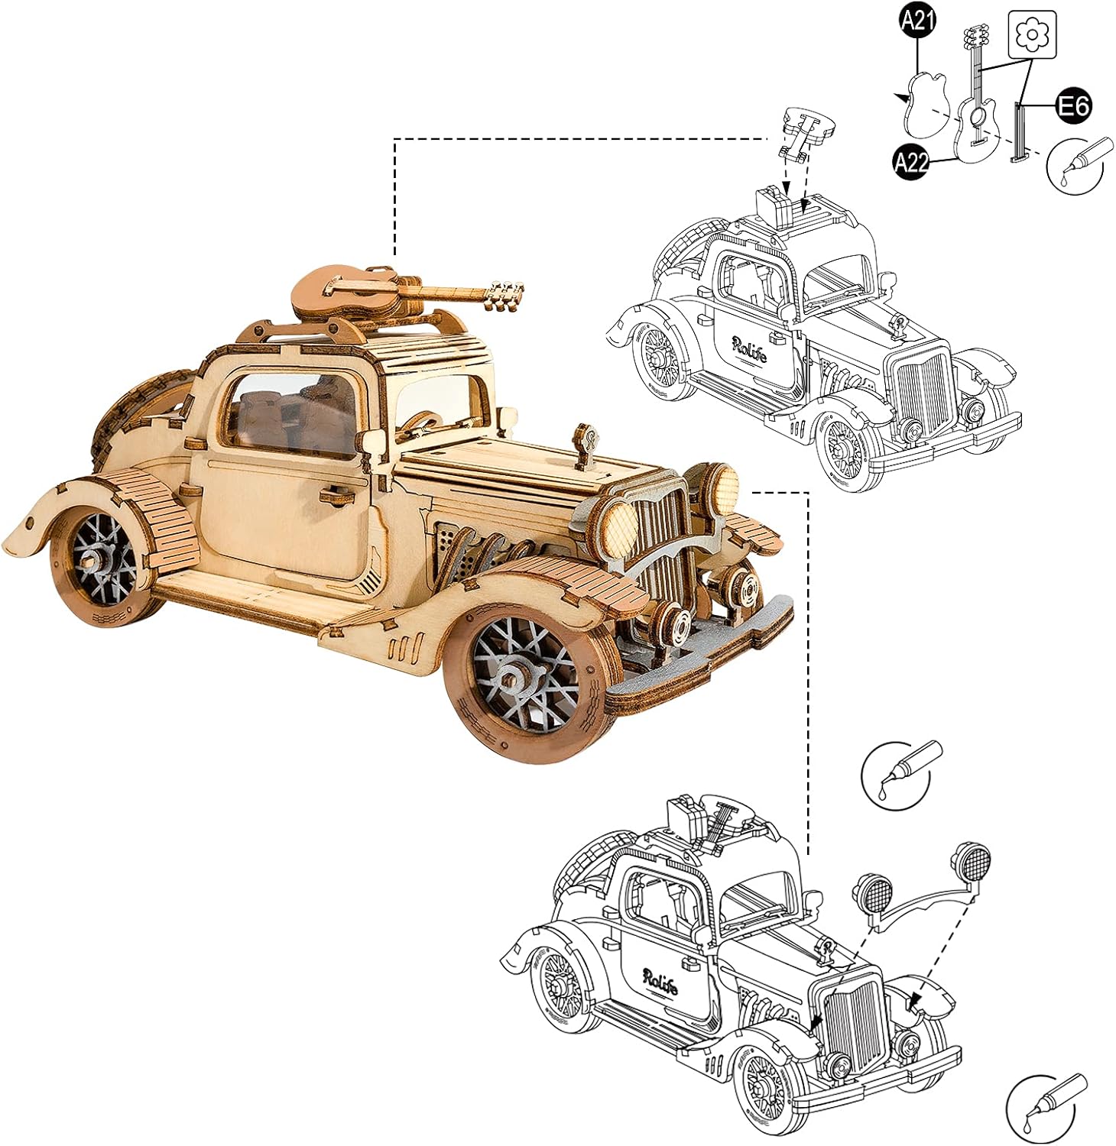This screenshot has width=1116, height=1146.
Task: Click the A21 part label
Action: (x=918, y=21)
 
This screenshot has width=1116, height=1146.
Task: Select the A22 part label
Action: (x=911, y=161)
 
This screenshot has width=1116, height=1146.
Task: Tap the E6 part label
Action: (x=1074, y=105)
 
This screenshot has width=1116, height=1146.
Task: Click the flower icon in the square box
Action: (x=1032, y=34)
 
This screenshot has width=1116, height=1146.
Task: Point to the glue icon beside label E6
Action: (x=1075, y=164)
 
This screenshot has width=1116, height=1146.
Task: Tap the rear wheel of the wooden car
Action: (x=103, y=562)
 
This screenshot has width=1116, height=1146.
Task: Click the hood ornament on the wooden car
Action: (x=586, y=447)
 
